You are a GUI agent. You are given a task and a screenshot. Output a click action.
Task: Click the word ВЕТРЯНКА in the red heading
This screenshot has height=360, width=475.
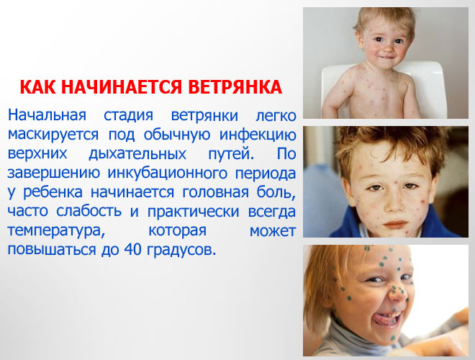tap(235, 87)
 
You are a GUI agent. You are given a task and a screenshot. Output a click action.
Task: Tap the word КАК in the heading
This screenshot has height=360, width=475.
tap(37, 87)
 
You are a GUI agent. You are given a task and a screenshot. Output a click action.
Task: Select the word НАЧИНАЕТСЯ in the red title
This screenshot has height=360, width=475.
tap(122, 87)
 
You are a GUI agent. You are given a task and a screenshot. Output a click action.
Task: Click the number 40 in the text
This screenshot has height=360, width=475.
tap(132, 249)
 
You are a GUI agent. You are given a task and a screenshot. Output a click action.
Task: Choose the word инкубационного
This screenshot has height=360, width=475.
tap(168, 173)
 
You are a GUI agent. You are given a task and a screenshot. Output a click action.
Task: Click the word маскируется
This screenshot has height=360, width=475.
tap(53, 135)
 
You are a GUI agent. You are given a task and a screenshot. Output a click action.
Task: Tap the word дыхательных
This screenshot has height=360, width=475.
tap(137, 154)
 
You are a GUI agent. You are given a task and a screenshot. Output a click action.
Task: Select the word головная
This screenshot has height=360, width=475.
tap(215, 192)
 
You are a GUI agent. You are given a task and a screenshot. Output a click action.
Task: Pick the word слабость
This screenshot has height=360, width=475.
tap(89, 211)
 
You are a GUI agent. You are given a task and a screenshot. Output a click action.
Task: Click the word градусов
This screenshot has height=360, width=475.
tap(181, 251)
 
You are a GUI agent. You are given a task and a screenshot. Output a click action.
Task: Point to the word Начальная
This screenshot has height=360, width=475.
tap(47, 115)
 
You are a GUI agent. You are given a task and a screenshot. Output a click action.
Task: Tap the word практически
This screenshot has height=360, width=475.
tap(194, 212)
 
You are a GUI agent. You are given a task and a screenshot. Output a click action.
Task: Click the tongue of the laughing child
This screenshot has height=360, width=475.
tap(383, 319)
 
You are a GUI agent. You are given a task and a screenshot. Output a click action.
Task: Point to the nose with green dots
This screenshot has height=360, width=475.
tap(397, 293)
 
